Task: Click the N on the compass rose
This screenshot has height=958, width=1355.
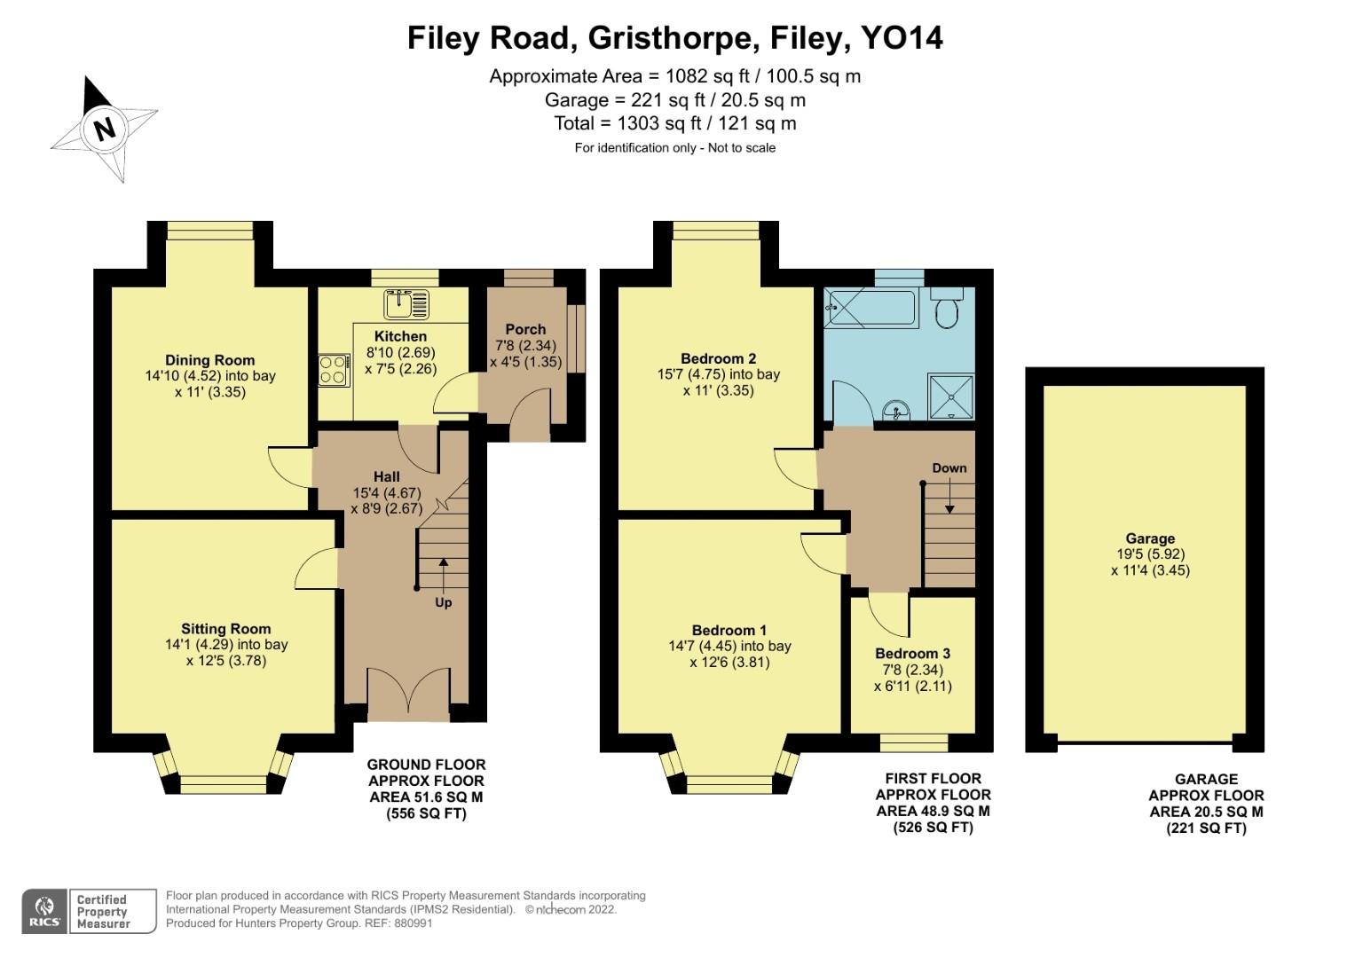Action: pos(105,129)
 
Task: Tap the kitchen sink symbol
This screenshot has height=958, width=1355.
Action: pos(406,304)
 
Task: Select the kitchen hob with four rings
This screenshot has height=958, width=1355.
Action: pos(333,370)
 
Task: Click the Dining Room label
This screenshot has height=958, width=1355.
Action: pos(210,360)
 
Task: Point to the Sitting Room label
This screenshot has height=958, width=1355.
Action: pos(226,629)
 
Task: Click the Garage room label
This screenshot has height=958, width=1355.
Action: pos(1150,538)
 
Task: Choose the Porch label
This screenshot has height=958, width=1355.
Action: pos(525,329)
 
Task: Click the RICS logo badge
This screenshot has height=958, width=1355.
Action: pos(44,911)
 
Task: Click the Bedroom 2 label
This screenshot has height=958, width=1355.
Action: pos(718,358)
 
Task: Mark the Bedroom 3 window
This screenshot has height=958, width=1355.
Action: pos(913,742)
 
